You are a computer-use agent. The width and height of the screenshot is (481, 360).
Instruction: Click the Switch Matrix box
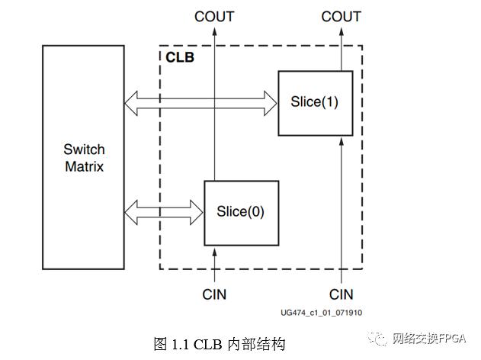[x=83, y=156]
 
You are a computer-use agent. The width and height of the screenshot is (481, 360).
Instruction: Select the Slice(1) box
[x=315, y=102]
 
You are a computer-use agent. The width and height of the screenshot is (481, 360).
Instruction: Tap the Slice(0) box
[x=241, y=212]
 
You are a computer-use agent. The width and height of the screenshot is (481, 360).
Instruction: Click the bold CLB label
[x=179, y=57]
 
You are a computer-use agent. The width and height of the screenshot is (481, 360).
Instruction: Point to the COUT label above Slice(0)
[x=214, y=16]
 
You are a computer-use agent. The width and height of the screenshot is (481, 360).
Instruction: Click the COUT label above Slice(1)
[x=341, y=16]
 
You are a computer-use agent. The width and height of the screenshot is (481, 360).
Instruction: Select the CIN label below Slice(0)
[x=214, y=294]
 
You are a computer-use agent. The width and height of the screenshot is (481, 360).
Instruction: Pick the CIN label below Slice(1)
[x=341, y=294]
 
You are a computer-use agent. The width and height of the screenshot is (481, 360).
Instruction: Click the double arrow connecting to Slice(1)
[x=200, y=103]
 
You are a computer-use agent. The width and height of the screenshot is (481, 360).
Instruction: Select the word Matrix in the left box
[x=83, y=166]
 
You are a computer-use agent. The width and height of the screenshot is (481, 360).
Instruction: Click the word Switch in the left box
[x=83, y=149]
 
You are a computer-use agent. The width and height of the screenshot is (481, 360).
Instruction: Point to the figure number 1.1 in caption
[x=178, y=344]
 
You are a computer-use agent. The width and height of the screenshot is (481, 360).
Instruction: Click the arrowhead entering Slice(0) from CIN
[x=214, y=250]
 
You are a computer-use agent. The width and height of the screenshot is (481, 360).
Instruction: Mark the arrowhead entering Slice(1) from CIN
[x=341, y=141]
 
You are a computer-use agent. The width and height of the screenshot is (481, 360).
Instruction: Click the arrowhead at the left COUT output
[x=214, y=31]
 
